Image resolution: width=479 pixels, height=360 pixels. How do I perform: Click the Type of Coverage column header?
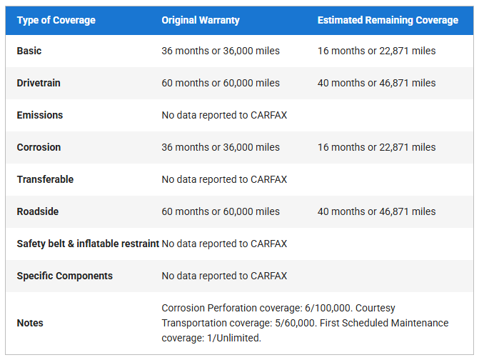[x=56, y=20]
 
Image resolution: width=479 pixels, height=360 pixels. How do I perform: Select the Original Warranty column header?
[x=201, y=20]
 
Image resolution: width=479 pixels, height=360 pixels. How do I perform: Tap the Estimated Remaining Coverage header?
[x=388, y=20]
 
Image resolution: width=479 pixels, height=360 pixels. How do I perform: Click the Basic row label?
[x=29, y=51]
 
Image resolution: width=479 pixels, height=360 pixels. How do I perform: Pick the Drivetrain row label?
[x=39, y=83]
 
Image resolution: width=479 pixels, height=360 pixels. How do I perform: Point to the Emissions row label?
[x=40, y=115]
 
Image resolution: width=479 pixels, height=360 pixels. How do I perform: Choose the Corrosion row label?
[x=39, y=147]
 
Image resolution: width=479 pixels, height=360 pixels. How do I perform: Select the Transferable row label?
[x=45, y=179]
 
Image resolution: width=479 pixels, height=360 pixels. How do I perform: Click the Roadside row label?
[x=38, y=211]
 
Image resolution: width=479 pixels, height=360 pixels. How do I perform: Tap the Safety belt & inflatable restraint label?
[x=88, y=244]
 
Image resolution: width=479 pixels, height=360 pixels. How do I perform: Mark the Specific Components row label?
[x=65, y=276]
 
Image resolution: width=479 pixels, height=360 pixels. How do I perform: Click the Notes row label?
[x=30, y=323]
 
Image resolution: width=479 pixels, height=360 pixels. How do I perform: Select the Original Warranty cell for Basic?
[x=221, y=51]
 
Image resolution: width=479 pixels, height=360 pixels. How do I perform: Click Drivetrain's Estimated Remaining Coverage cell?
[x=376, y=83]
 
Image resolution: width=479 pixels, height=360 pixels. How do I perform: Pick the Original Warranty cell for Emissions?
[x=224, y=115]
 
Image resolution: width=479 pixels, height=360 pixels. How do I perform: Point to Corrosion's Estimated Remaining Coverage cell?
[x=376, y=147]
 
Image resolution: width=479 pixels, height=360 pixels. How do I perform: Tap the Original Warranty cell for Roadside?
[x=221, y=211]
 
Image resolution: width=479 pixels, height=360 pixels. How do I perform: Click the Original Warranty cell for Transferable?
[x=224, y=179]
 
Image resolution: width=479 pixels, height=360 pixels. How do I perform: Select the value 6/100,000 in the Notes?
[x=325, y=308]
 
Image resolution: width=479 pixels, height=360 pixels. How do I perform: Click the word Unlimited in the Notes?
[x=238, y=338]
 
